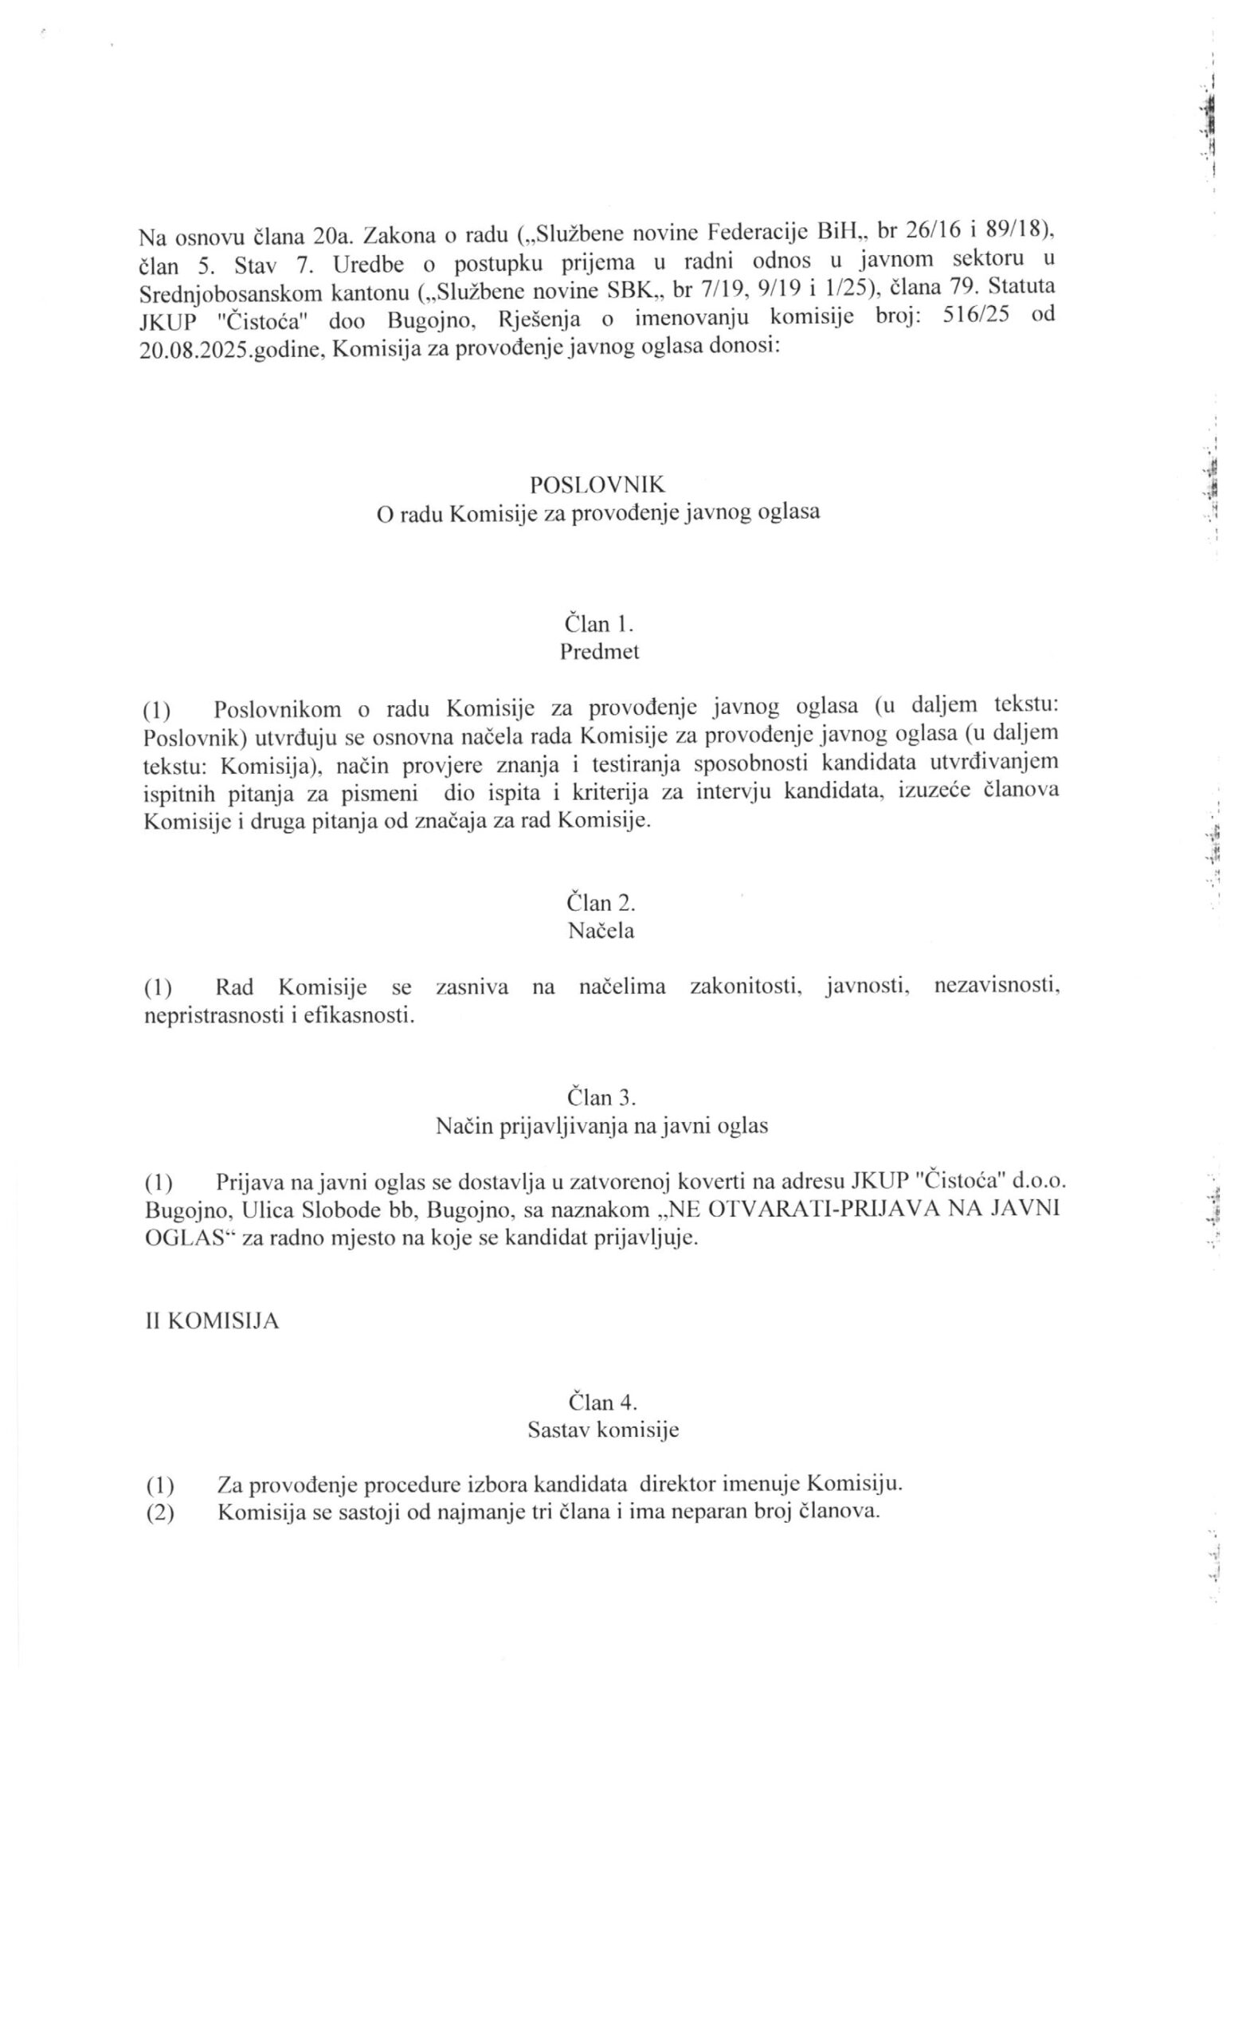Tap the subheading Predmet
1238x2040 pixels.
(x=600, y=652)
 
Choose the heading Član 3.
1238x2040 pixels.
(x=601, y=1098)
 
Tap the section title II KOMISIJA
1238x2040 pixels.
(x=212, y=1320)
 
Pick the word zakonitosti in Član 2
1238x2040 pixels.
(x=746, y=986)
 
